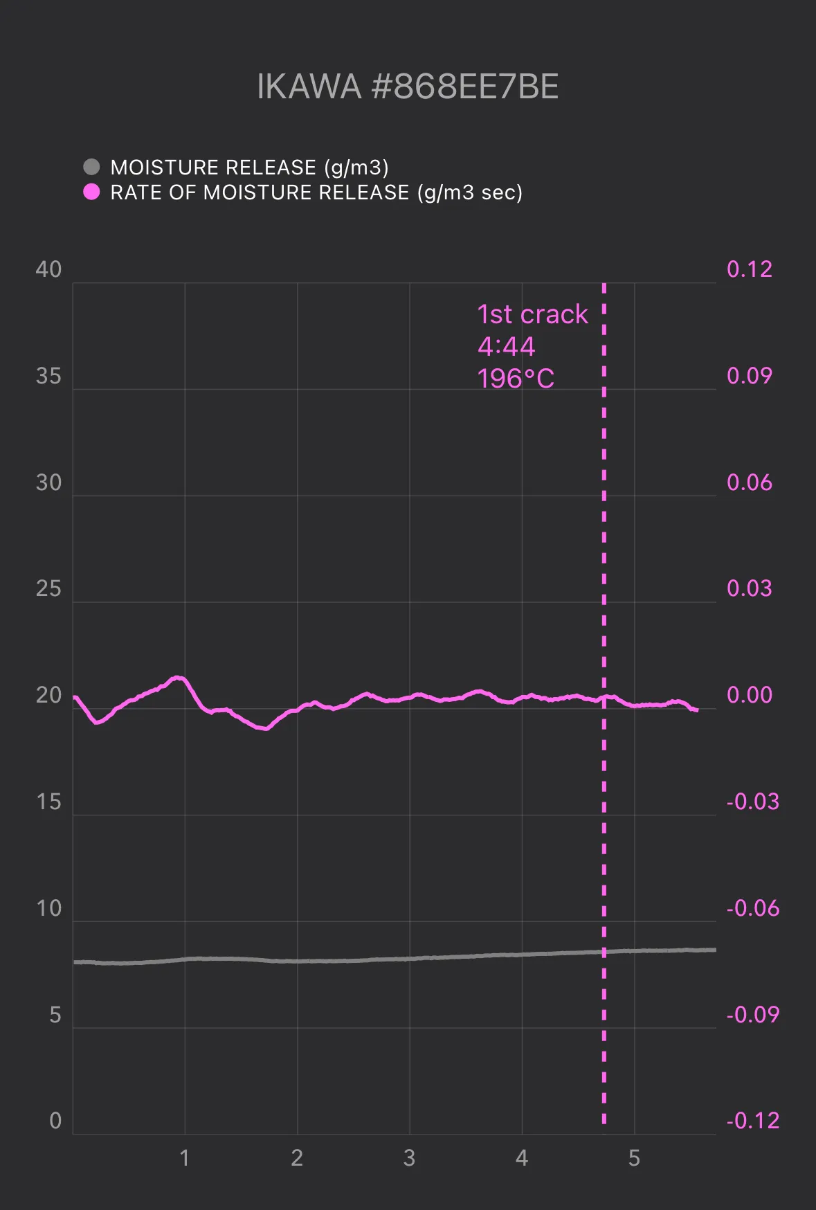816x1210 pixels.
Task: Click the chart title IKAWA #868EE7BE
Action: [408, 87]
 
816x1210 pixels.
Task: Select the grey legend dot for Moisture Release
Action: [91, 167]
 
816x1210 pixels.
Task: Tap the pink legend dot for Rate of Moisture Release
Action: [91, 192]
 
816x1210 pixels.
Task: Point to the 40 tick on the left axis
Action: [48, 269]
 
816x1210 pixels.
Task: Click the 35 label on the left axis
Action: [48, 376]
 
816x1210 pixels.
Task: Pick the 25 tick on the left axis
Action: [48, 589]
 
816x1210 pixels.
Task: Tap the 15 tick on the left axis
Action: [48, 802]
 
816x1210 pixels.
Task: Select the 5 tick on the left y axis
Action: [55, 1015]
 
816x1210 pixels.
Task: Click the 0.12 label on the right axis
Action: [750, 269]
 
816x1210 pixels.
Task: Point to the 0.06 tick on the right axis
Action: [750, 482]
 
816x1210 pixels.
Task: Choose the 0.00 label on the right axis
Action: [750, 695]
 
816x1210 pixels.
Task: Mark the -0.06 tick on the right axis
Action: [753, 908]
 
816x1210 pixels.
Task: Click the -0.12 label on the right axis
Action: [753, 1121]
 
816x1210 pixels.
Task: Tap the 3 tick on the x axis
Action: [409, 1158]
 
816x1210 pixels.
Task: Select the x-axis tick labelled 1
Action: [184, 1158]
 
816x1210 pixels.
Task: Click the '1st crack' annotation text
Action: [532, 314]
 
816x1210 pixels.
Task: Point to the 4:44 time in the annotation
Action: [506, 346]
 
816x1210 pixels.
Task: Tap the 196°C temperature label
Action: [516, 379]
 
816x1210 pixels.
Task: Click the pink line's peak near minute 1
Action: [179, 677]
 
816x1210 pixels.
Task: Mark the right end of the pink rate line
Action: [696, 710]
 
